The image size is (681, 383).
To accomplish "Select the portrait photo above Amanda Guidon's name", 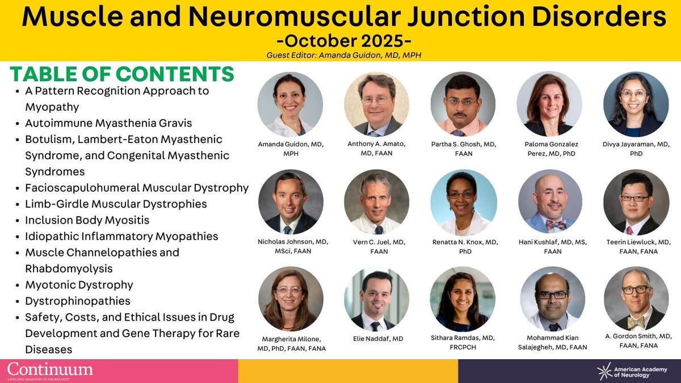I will click(x=290, y=104).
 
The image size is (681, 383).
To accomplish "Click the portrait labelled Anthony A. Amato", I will click(x=376, y=104).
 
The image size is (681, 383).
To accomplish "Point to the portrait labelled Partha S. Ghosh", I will click(x=463, y=104).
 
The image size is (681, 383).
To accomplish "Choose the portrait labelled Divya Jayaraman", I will click(x=636, y=104).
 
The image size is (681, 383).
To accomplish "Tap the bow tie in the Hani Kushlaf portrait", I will click(x=556, y=225).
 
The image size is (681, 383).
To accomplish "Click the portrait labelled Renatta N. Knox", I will click(x=463, y=202).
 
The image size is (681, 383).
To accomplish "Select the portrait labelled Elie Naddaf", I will click(x=376, y=299).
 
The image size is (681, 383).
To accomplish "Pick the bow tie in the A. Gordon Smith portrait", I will click(x=636, y=321).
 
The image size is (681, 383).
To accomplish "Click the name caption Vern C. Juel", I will click(x=376, y=246).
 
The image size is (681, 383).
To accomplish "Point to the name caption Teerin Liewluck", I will click(x=636, y=246).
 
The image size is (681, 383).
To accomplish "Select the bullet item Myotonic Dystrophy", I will click(x=79, y=285).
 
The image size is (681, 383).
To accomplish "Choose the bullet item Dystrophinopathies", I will click(x=78, y=301).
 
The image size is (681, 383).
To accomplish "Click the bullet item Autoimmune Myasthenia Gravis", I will click(x=108, y=123).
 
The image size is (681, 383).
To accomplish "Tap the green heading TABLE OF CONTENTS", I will click(x=122, y=74).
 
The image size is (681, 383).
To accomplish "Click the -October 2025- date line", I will click(x=340, y=41).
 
